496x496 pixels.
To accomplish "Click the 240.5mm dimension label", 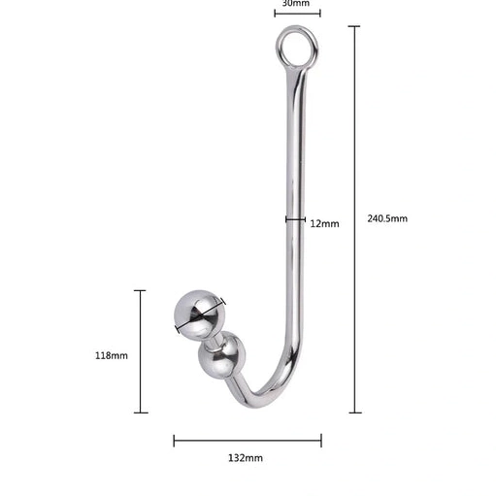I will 387,218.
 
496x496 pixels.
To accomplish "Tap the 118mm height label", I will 111,355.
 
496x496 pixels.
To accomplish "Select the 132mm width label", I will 246,457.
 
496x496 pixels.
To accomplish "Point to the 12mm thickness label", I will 324,223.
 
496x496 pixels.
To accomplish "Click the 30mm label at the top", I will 296,4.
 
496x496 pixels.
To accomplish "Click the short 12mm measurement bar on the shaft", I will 296,219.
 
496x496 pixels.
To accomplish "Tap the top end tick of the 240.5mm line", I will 355,27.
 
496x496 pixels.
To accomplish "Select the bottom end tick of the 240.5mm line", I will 355,413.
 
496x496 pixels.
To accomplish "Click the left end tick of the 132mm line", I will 175,441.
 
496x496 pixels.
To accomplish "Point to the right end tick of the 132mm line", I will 321,441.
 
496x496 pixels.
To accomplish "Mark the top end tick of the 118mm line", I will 141,290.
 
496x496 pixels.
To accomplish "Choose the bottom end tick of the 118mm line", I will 141,413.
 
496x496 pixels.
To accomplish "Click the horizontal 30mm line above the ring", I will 297,15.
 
